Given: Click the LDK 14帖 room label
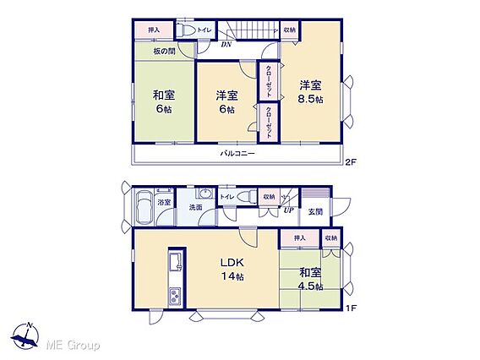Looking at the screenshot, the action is tap(232, 270).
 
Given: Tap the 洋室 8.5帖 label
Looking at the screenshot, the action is tap(311, 92).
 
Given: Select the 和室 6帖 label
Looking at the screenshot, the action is tap(164, 101).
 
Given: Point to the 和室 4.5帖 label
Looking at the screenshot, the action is tap(310, 279).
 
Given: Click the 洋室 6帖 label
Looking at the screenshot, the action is tap(226, 102).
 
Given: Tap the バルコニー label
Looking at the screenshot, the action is tap(237, 153).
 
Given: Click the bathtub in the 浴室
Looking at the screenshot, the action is tap(145, 208).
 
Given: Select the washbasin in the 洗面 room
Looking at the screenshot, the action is tap(205, 194).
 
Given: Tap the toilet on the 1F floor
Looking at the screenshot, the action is tap(247, 197).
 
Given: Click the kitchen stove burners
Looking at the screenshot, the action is tap(175, 296).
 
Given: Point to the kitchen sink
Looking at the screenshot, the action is tap(176, 262).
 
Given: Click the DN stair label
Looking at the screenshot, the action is tap(226, 45).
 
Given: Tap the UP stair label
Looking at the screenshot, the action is tap(289, 210).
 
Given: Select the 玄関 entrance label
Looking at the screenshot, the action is tap(315, 211).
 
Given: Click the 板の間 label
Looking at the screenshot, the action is tap(165, 51).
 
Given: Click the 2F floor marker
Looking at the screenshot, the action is tap(351, 162).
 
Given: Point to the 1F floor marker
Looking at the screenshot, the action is tap(351, 308).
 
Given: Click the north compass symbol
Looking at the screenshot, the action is tap(25, 335).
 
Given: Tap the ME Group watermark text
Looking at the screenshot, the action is tap(73, 346).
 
